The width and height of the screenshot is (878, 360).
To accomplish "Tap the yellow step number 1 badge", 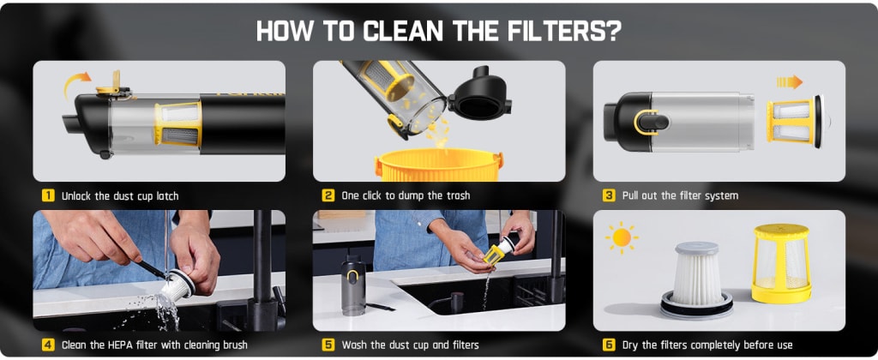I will (x=48, y=195).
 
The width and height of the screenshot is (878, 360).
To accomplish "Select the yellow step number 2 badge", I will (x=328, y=195).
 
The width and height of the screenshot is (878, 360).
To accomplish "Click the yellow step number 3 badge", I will (x=609, y=195).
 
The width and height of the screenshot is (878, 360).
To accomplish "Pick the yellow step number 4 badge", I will (x=48, y=345).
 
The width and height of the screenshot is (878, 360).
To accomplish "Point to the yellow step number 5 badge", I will (x=328, y=345).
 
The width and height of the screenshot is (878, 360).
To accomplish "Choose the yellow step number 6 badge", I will (x=609, y=345).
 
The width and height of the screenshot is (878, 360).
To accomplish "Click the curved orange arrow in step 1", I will (x=76, y=83).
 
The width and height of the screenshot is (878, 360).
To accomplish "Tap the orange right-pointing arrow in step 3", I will (x=788, y=81).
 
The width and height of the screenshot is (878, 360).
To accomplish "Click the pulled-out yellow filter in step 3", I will (x=794, y=120).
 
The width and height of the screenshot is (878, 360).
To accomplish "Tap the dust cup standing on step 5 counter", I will (x=352, y=286).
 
